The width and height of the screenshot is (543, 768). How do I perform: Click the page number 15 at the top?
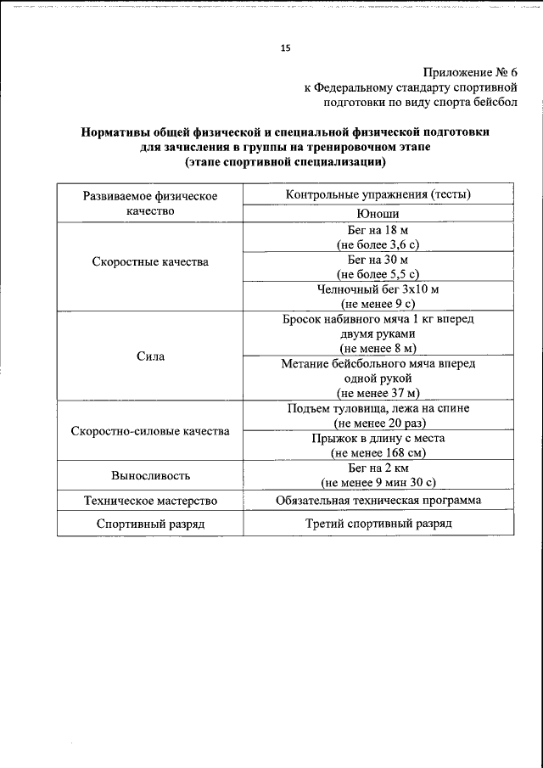click(x=285, y=48)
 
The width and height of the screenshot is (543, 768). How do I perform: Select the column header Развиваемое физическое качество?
click(x=149, y=203)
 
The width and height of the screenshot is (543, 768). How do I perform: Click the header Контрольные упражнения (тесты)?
click(x=378, y=194)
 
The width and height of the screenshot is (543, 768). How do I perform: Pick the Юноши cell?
click(x=378, y=214)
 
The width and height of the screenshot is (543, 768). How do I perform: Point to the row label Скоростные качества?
click(x=149, y=261)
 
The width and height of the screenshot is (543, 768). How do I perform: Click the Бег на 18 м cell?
click(x=378, y=230)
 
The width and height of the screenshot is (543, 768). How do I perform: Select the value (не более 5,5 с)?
click(x=378, y=274)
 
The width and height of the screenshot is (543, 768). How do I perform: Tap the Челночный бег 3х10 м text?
click(x=378, y=289)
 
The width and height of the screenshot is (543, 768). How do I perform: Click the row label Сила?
click(x=149, y=356)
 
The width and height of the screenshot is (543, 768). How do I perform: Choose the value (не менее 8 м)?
click(x=378, y=348)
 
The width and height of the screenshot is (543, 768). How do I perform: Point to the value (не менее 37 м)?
click(x=378, y=392)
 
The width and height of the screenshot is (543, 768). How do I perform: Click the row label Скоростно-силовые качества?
click(x=149, y=431)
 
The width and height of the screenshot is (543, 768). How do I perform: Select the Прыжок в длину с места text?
click(x=378, y=439)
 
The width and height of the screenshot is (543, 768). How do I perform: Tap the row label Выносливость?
click(x=149, y=475)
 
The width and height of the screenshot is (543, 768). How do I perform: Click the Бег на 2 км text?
click(x=378, y=468)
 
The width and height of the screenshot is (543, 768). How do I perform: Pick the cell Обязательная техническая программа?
click(x=378, y=500)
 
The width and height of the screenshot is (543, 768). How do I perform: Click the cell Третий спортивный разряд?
click(x=378, y=524)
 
